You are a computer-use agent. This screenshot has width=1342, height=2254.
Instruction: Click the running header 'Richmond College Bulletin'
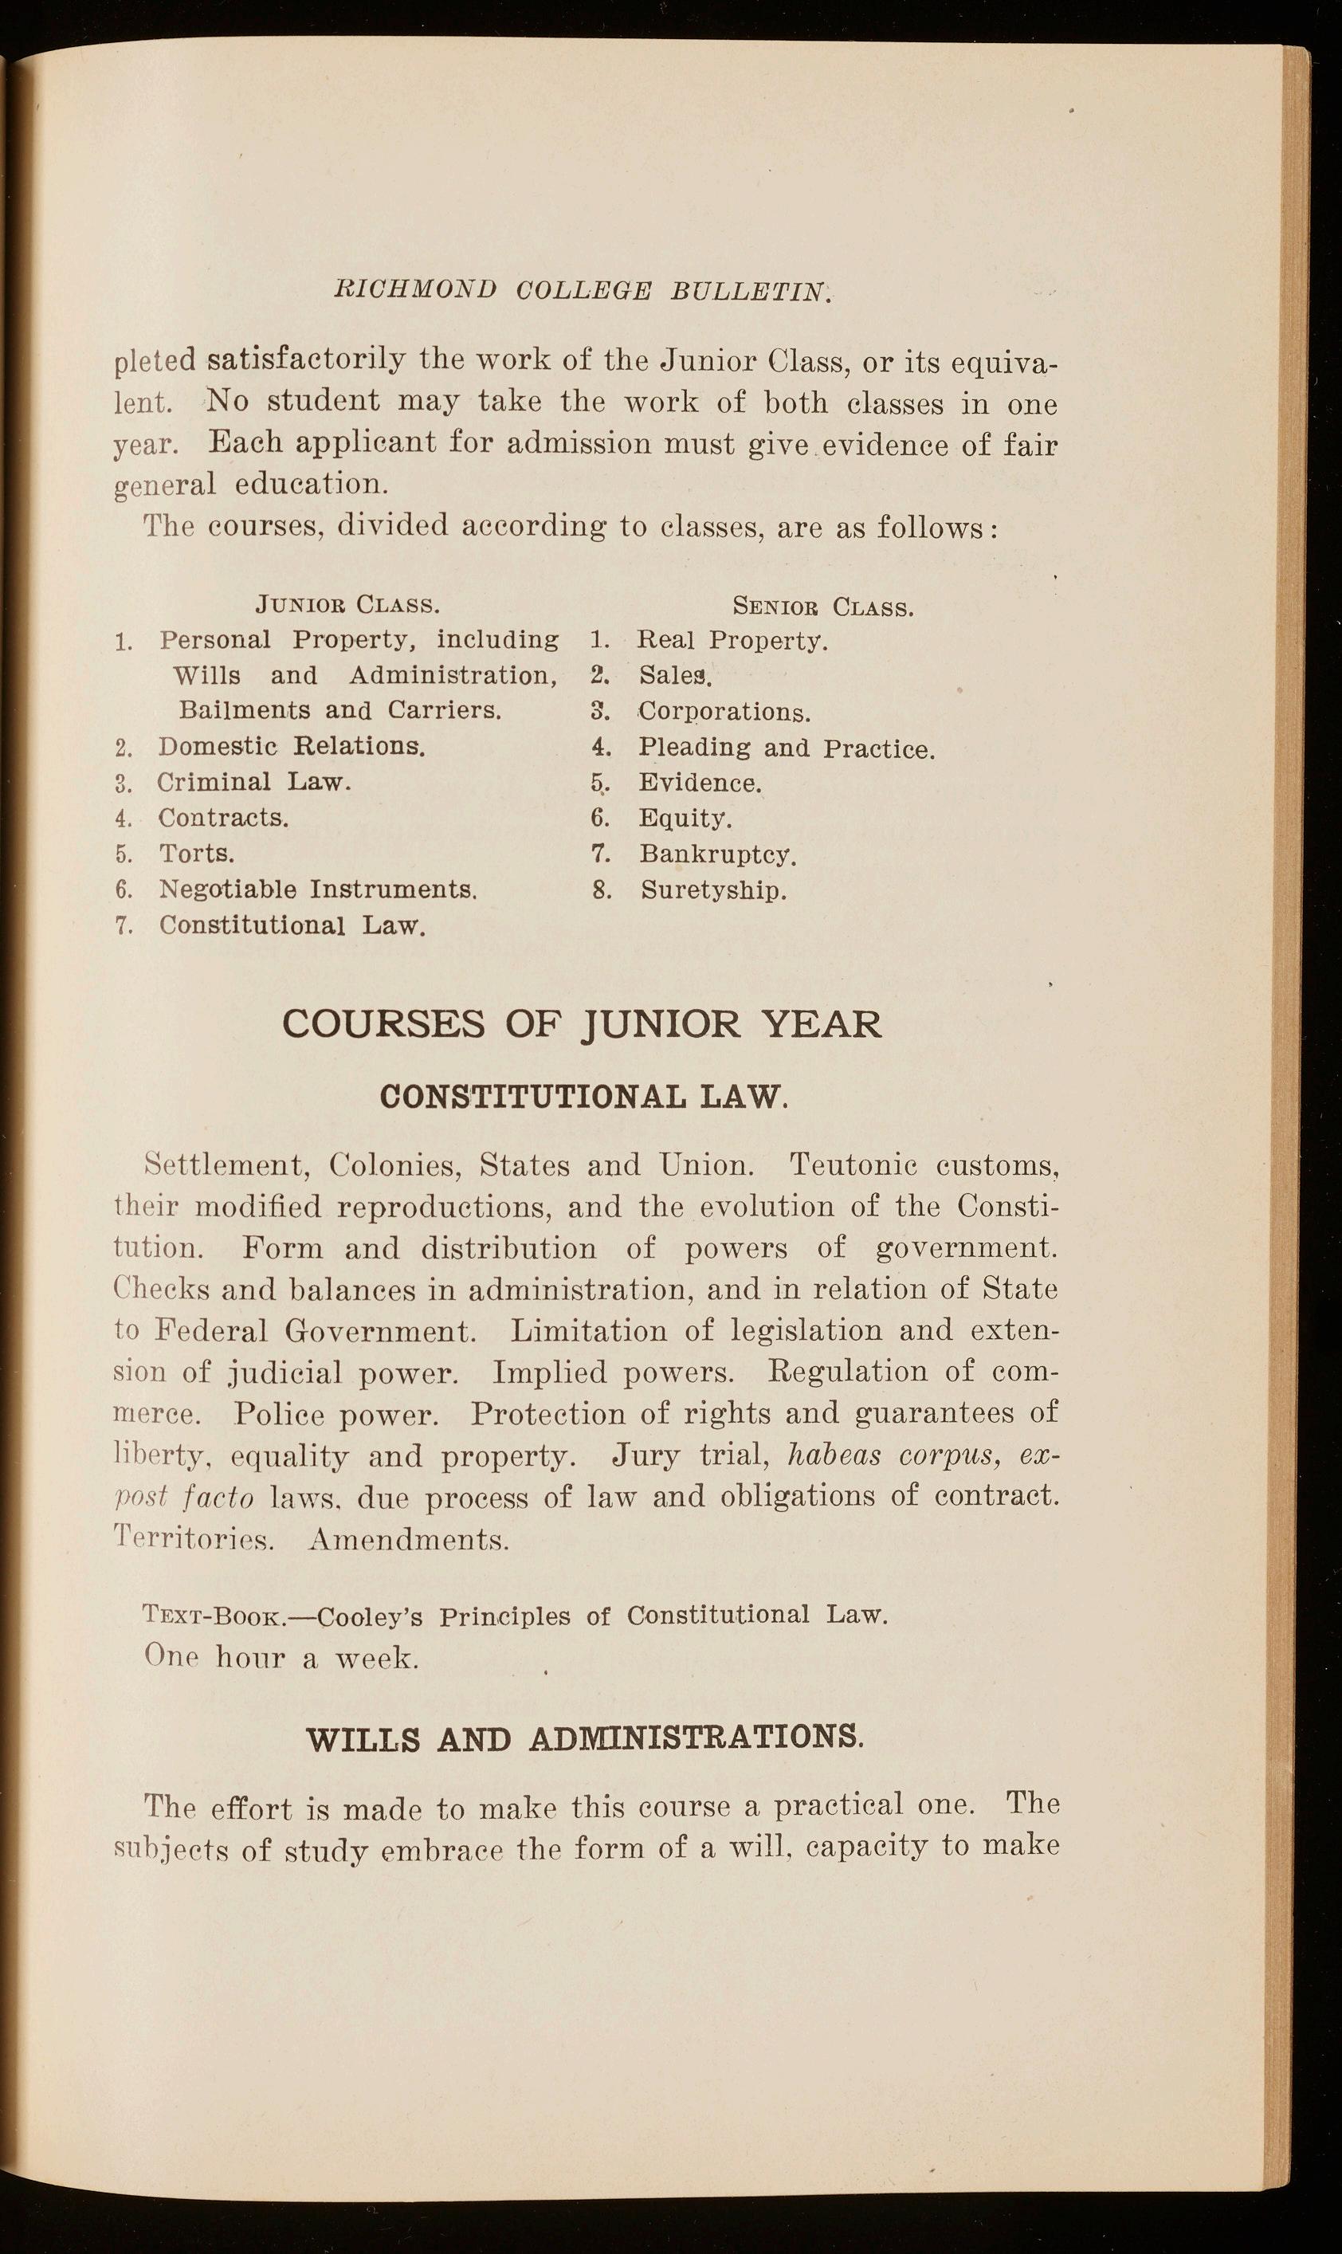pyautogui.click(x=582, y=290)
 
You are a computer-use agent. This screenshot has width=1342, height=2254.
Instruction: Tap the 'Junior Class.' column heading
pyautogui.click(x=348, y=603)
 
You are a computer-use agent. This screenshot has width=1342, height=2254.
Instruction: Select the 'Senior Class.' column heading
pyautogui.click(x=823, y=606)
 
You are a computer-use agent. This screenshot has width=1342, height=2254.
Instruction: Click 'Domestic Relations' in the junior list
pyautogui.click(x=291, y=746)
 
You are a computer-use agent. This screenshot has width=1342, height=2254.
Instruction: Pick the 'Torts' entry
pyautogui.click(x=197, y=853)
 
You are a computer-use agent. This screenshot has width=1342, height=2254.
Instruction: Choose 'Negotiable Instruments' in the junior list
pyautogui.click(x=317, y=889)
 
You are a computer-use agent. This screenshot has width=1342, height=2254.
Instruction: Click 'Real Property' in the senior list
pyautogui.click(x=732, y=640)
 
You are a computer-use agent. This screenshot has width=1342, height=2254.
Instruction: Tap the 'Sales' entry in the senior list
pyautogui.click(x=676, y=676)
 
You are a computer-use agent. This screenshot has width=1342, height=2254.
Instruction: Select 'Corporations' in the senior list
pyautogui.click(x=724, y=712)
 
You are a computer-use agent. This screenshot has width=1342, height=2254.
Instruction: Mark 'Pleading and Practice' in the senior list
pyautogui.click(x=786, y=748)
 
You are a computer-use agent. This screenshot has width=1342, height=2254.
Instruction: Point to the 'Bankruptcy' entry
pyautogui.click(x=717, y=854)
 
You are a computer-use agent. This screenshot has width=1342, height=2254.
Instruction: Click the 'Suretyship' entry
pyautogui.click(x=713, y=890)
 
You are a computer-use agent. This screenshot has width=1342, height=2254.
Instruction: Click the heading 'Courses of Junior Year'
pyautogui.click(x=582, y=1024)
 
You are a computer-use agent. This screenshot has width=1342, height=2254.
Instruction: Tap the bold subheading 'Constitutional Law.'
pyautogui.click(x=584, y=1098)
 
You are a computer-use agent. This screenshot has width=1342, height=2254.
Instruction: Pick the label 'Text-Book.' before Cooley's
pyautogui.click(x=215, y=1616)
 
